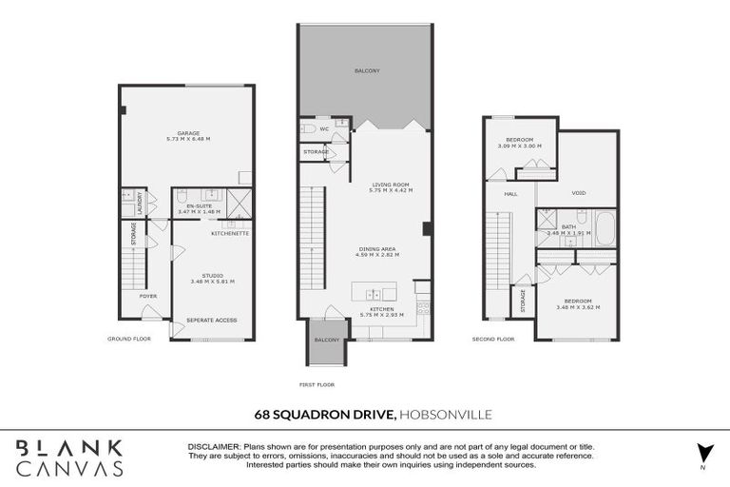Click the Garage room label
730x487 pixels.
[x=187, y=136]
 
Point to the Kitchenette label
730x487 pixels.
[x=230, y=232]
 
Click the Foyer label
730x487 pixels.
[x=147, y=296]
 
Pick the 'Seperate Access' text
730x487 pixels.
[x=211, y=320]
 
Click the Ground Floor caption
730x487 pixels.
[x=129, y=338]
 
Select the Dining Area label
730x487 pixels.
[x=376, y=251]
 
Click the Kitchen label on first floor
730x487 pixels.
[x=383, y=310]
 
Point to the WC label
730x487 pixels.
[x=324, y=128]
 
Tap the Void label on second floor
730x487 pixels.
[x=578, y=193]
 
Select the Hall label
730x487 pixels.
[x=510, y=194]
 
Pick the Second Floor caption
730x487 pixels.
[x=493, y=339]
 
